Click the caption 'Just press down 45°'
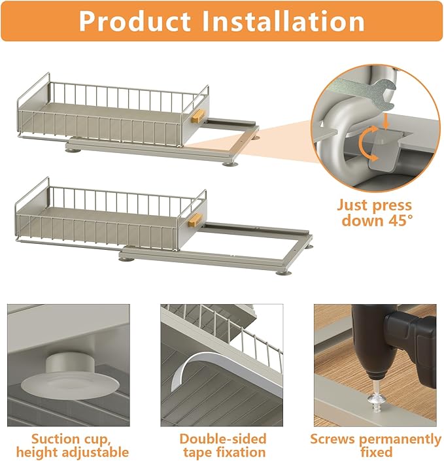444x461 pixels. pos(375,213)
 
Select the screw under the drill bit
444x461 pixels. pos(375,396)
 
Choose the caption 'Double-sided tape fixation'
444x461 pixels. pos(222,445)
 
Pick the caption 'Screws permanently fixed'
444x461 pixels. pos(375,445)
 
